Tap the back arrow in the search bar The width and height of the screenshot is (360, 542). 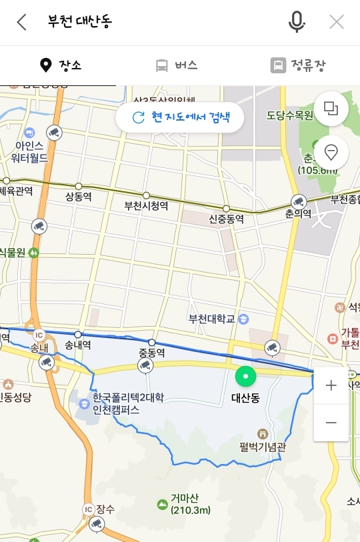[x=22, y=22]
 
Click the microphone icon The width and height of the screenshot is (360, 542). [x=297, y=22]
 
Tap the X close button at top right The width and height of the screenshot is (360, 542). [x=337, y=22]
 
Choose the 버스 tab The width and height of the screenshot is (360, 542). [x=177, y=65]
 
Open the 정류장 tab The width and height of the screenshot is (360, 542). [x=298, y=65]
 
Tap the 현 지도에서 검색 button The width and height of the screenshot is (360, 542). [x=181, y=117]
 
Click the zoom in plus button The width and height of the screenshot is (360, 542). [x=331, y=385]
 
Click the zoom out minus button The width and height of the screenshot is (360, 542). [x=331, y=423]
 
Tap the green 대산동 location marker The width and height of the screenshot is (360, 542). [x=246, y=377]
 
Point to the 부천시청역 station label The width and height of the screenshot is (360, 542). [x=146, y=206]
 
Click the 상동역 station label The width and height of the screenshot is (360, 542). [x=78, y=197]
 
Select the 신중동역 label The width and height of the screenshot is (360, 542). [x=226, y=219]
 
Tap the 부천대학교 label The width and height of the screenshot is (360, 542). [x=212, y=319]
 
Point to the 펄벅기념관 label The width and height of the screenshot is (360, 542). [x=261, y=447]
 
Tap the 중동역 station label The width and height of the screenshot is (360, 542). [x=151, y=352]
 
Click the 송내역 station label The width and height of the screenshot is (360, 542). [x=78, y=345]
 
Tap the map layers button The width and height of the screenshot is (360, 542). [x=331, y=109]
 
